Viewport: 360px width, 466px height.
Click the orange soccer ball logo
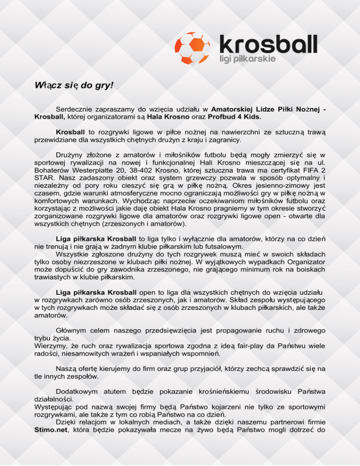[193, 48]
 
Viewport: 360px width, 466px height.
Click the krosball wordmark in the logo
[268, 44]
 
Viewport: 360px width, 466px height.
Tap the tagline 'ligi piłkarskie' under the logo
[247, 60]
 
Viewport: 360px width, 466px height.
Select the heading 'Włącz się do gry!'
[74, 86]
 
